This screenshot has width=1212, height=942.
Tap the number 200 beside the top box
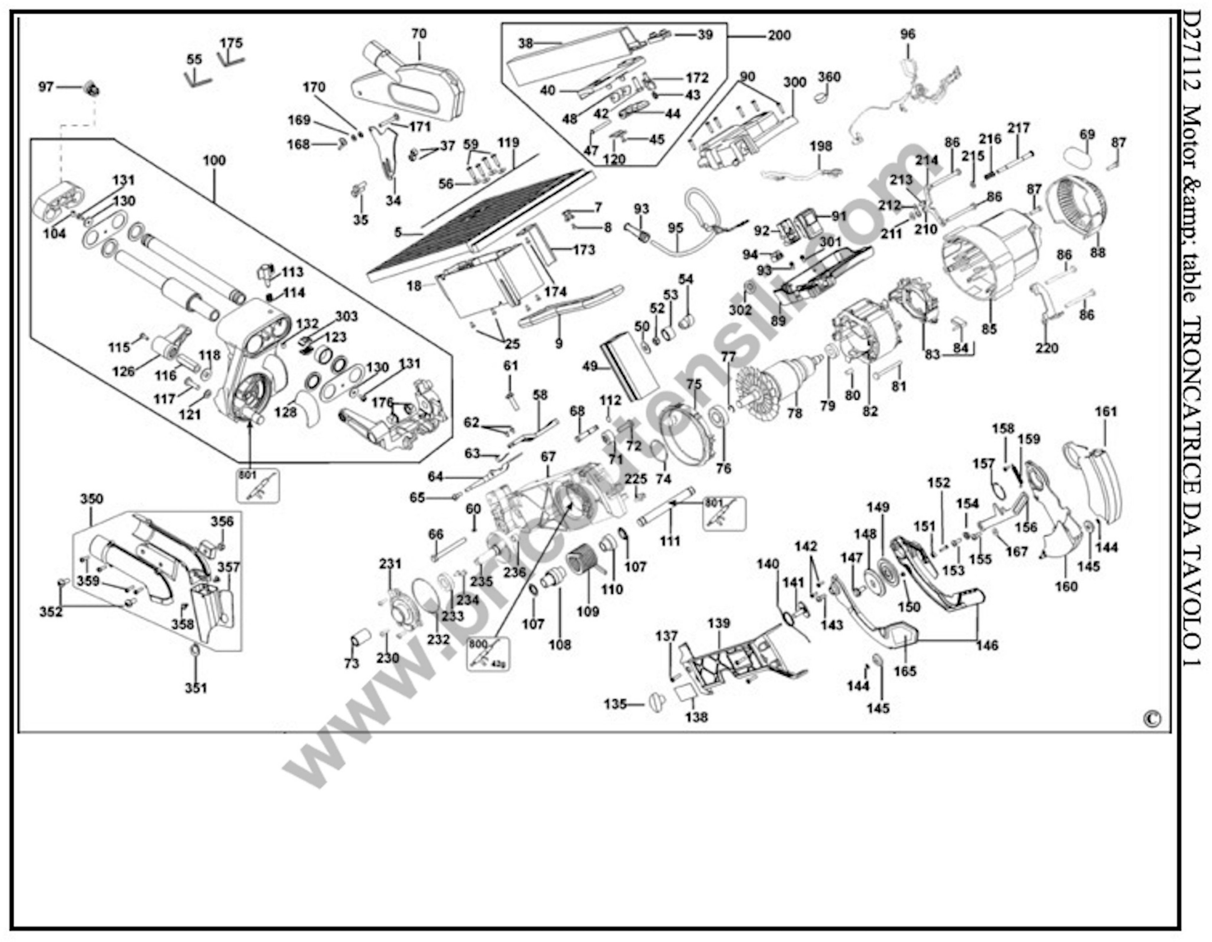point(779,35)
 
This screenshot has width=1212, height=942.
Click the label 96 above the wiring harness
point(908,34)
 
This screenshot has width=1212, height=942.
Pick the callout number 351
point(196,688)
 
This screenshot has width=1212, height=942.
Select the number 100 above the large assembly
point(214,160)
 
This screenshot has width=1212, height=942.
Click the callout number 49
point(589,366)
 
